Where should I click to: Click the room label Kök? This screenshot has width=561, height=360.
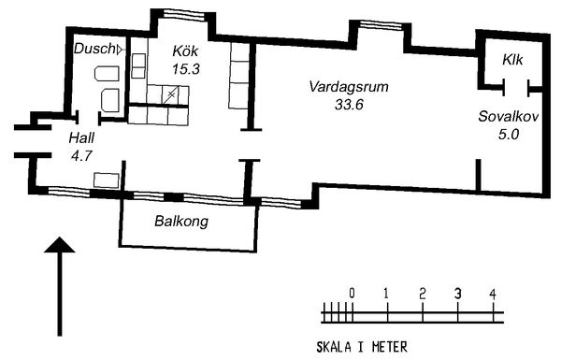(185, 50)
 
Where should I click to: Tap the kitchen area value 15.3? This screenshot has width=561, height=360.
(186, 68)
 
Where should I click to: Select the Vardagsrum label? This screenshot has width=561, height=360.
(349, 87)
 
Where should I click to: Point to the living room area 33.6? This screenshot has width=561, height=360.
(349, 105)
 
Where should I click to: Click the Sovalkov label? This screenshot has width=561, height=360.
(509, 117)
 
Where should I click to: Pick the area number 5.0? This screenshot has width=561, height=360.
(509, 135)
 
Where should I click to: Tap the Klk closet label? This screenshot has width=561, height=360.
(512, 60)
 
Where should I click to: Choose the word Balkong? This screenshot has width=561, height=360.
(181, 222)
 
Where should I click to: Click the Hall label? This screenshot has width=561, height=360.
(81, 137)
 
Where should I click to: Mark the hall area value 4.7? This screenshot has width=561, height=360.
(82, 155)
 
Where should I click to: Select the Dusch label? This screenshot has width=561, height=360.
(94, 49)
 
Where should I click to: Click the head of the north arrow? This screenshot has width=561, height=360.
(60, 245)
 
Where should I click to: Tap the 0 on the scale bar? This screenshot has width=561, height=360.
(352, 294)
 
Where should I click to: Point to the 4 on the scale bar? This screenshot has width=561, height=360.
(493, 295)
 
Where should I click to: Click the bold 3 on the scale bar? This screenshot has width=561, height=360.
(457, 295)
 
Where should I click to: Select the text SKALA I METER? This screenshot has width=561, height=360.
(362, 347)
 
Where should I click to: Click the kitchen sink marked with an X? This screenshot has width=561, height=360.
(171, 94)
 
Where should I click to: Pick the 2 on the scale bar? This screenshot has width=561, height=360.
(423, 295)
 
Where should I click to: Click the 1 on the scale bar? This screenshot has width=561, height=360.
(386, 295)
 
